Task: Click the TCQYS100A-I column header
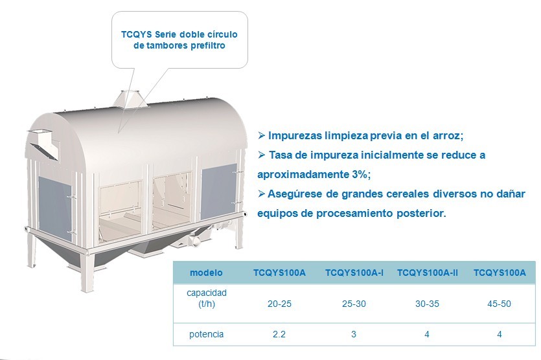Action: (354, 273)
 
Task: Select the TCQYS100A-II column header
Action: (428, 273)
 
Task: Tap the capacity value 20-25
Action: (279, 304)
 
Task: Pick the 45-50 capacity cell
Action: (500, 304)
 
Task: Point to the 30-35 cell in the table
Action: (427, 304)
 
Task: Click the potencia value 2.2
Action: (279, 334)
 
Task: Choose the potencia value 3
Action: (354, 334)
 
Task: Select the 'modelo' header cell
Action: (206, 273)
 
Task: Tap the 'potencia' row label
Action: (206, 335)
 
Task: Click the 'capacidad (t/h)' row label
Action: (207, 298)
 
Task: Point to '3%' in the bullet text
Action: (362, 174)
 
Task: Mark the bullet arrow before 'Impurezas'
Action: (261, 135)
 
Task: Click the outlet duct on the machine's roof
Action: (132, 98)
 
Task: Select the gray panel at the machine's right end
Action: (219, 186)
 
